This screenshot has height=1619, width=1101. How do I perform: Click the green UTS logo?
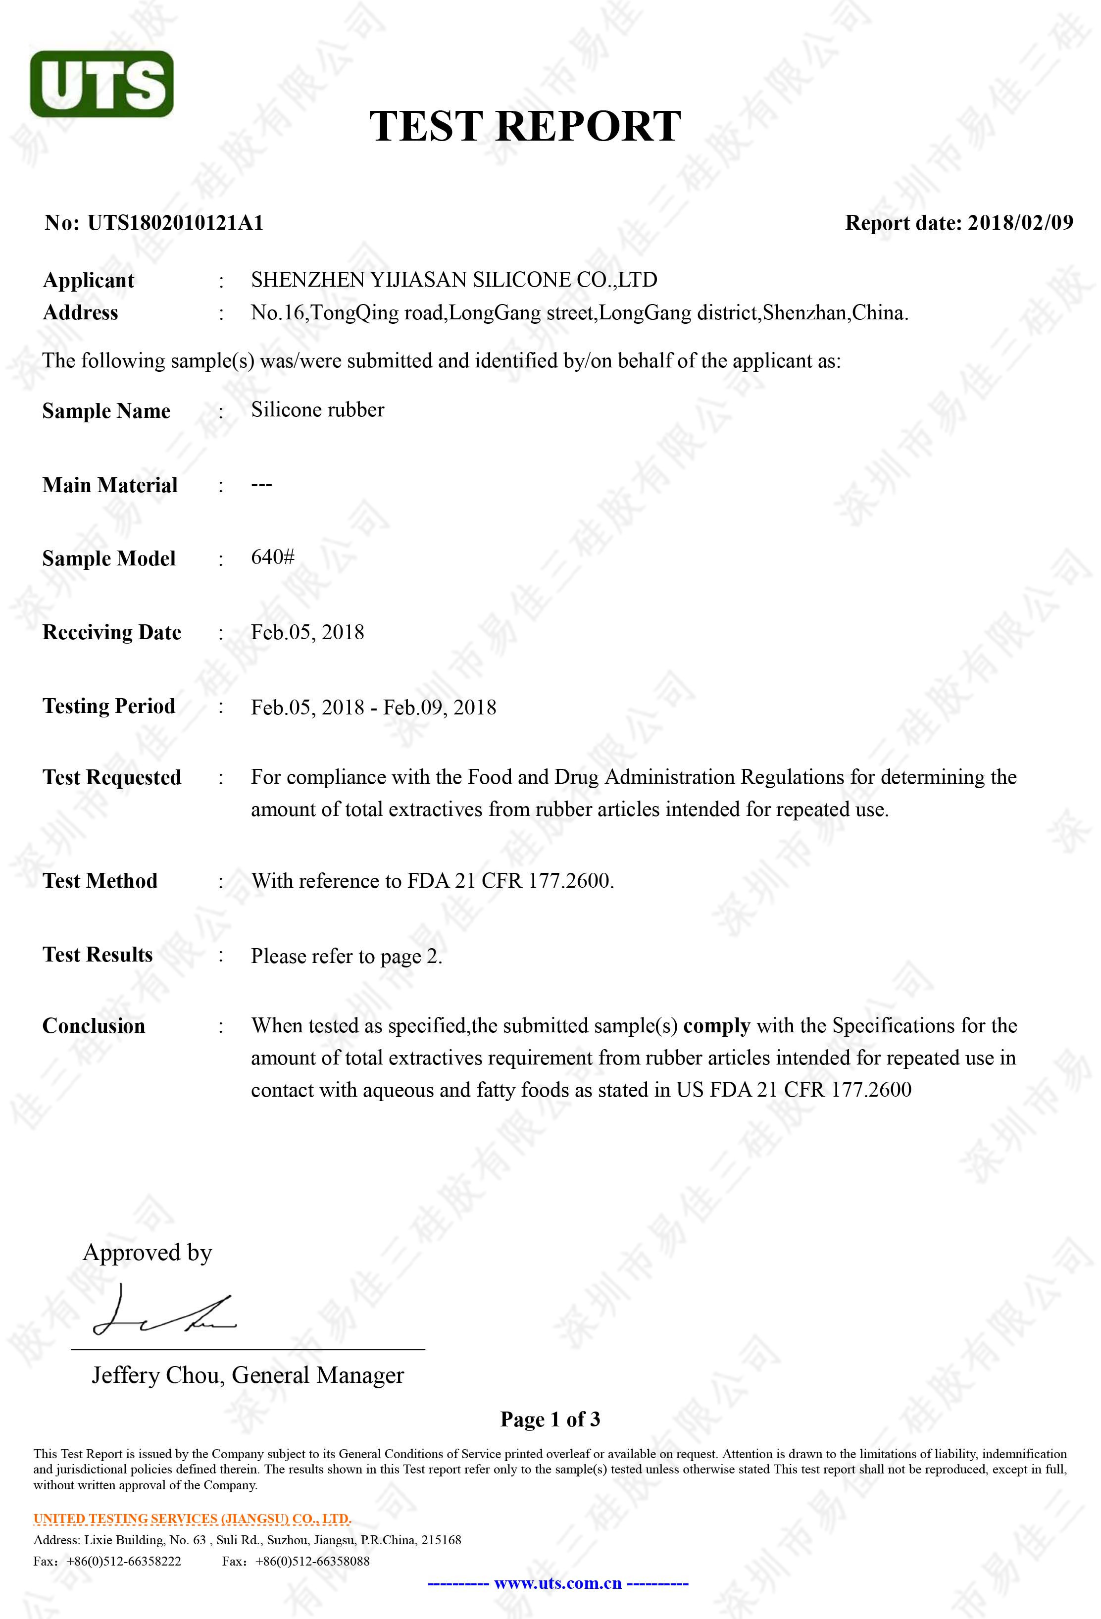point(101,84)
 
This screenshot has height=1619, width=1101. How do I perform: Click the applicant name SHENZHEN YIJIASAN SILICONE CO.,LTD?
point(454,280)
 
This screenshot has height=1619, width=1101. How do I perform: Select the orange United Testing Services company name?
point(192,1518)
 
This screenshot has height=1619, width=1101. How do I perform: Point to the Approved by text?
point(147,1253)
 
